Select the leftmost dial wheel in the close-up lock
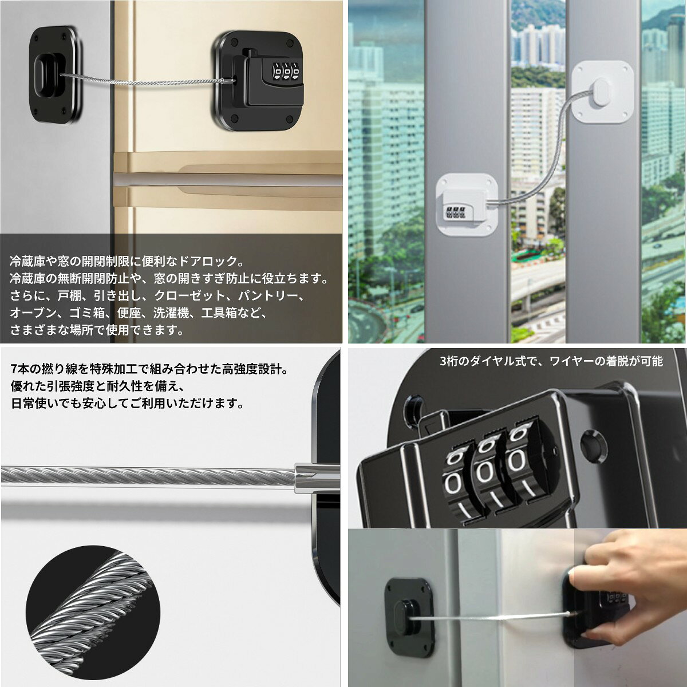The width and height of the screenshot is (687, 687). (460, 485)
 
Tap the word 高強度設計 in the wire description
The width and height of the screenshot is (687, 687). (251, 369)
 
